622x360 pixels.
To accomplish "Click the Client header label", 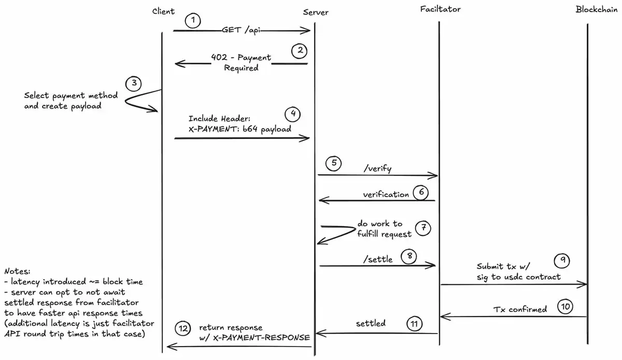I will coord(164,11).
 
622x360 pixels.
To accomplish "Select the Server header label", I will coord(316,12).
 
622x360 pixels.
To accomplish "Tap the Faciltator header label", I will coord(440,9).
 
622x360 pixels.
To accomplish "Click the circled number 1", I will coord(193,21).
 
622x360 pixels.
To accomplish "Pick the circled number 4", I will coord(293,114).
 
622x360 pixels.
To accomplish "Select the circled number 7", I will coord(423,228).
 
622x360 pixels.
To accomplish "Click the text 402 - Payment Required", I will coord(241,63).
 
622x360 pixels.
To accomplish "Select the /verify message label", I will coord(378,169).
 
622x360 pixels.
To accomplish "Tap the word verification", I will coord(386,195).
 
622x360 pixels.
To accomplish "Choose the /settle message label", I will coord(379,259).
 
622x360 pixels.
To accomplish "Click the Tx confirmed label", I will coord(519,310).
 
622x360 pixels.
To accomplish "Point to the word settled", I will coord(371,324).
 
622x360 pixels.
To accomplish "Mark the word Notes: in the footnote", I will coord(17,271).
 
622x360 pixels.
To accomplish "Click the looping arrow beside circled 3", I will coord(140,100).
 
